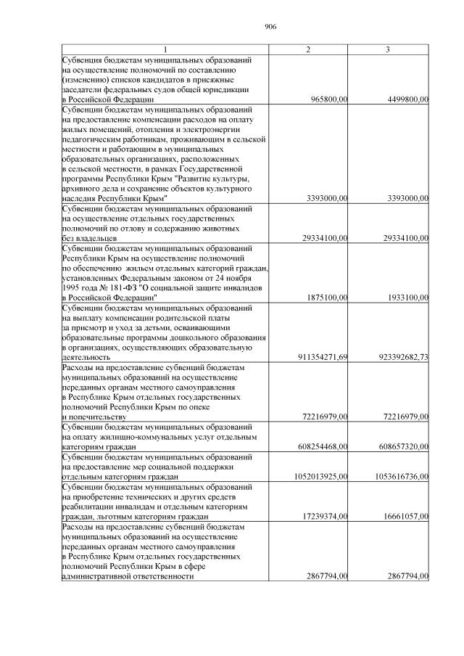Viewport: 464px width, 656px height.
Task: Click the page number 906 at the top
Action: click(x=271, y=27)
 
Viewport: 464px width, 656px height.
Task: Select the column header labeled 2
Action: click(x=309, y=49)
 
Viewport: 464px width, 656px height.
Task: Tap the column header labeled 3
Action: click(x=389, y=49)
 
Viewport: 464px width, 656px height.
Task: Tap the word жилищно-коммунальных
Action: click(x=137, y=438)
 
